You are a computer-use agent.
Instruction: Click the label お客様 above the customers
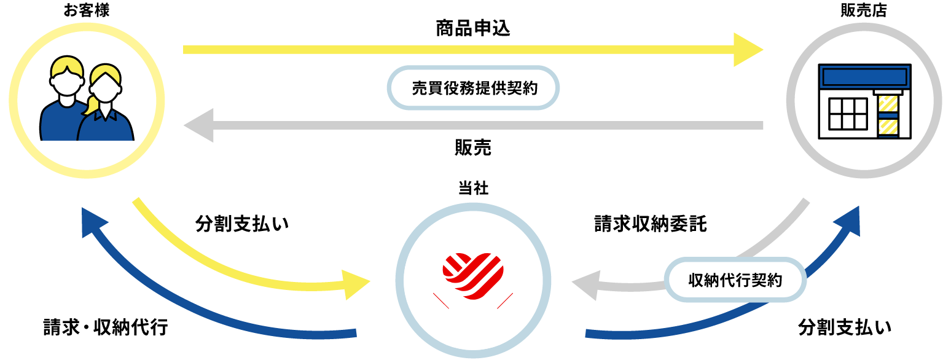tap(86, 10)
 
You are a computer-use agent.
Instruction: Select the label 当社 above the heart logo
tap(473, 189)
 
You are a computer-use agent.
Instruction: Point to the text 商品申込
tap(473, 29)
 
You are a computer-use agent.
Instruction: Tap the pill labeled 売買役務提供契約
tap(473, 88)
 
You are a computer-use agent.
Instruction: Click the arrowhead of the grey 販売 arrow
tap(198, 125)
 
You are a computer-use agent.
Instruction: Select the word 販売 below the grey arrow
tap(473, 148)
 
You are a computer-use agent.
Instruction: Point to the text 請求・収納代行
tap(106, 327)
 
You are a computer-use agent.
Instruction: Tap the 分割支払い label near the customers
tap(242, 224)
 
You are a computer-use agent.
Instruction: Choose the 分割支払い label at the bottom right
tap(845, 327)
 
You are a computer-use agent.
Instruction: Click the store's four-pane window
tap(847, 115)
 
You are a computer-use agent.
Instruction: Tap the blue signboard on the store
tap(864, 77)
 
